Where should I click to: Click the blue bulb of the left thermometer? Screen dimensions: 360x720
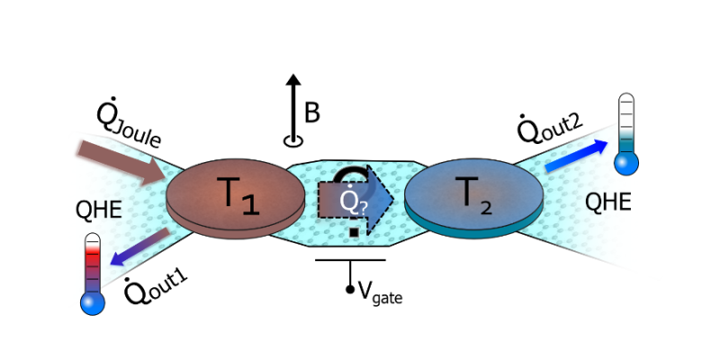[93, 303]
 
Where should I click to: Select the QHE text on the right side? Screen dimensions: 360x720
[608, 202]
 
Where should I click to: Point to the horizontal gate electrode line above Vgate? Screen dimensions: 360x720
[350, 260]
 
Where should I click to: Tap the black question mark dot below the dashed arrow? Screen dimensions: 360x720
[355, 232]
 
